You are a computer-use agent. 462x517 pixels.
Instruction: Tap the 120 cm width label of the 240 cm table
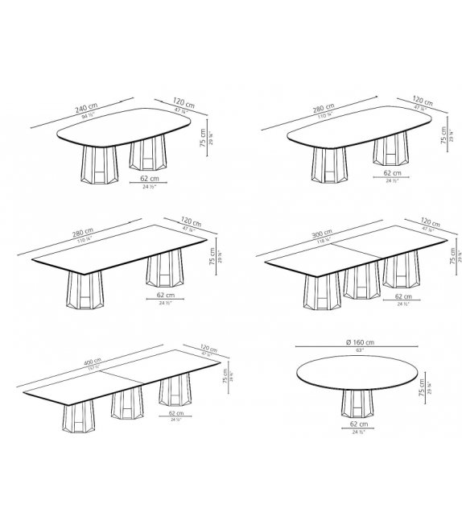183,102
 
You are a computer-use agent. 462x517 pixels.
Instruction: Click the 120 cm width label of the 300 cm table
431,223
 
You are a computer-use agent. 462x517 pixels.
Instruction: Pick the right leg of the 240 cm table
144,155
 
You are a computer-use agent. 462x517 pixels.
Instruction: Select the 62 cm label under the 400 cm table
175,414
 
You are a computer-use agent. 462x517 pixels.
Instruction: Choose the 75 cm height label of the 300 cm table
452,256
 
